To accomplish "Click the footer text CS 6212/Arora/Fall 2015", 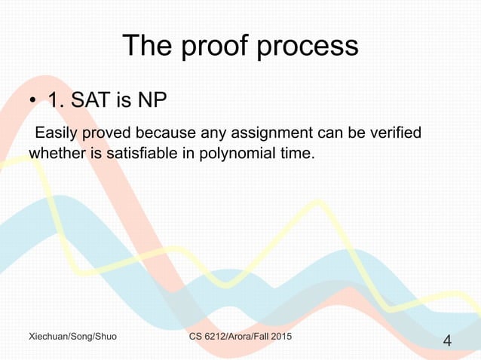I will (240, 334).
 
